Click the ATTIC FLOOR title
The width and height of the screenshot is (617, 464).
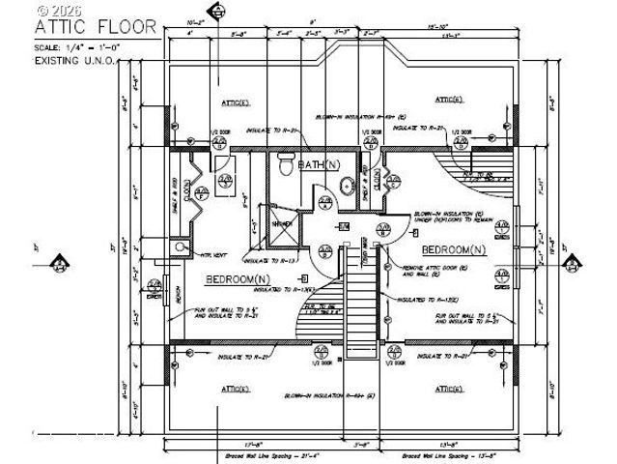point(95,26)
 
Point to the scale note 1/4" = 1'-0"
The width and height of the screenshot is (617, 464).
point(75,46)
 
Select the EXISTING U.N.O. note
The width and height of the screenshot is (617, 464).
point(74,60)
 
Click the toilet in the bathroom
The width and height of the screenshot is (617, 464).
point(286,164)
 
